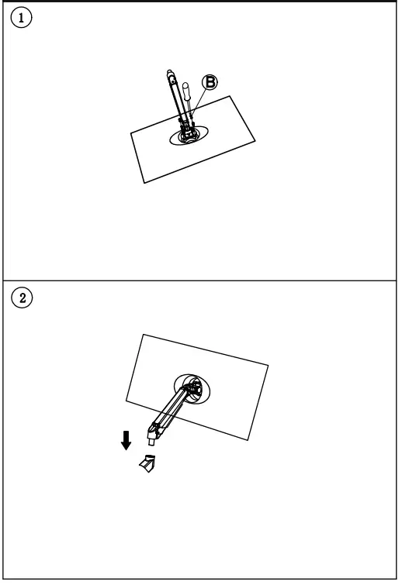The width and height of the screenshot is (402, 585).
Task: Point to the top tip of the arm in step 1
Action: (x=171, y=74)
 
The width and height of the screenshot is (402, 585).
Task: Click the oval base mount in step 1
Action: (x=189, y=136)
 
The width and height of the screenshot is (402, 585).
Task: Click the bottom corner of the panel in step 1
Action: (x=145, y=184)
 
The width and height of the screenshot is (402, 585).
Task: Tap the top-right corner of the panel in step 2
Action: (x=269, y=364)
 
